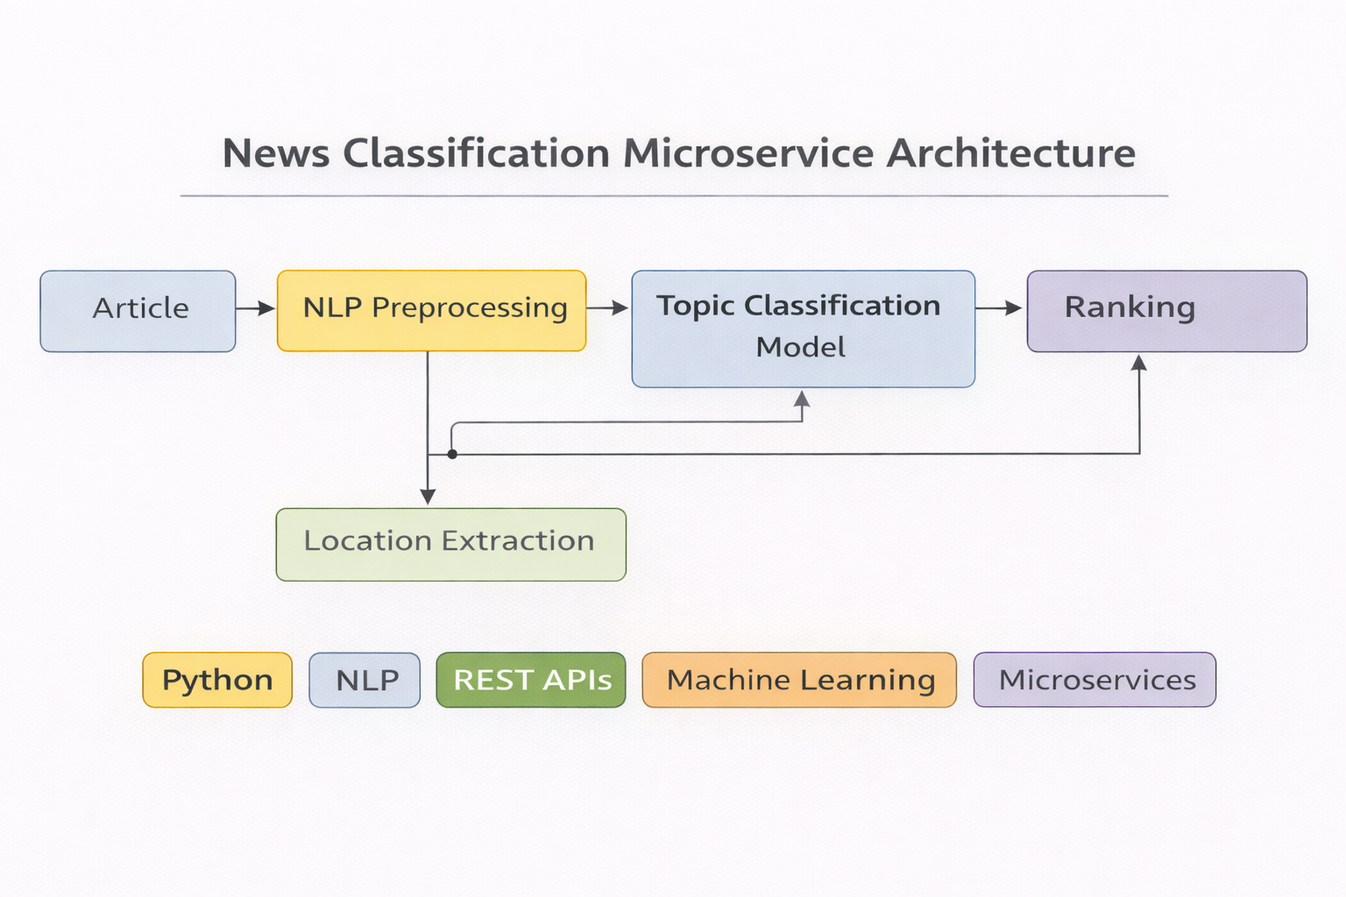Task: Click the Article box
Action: pos(138,311)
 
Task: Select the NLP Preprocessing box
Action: pos(431,311)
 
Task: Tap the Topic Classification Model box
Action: pos(803,328)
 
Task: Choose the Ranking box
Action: pos(1166,311)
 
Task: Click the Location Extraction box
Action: pos(450,544)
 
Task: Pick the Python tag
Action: pos(217,680)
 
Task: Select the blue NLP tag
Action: pos(365,680)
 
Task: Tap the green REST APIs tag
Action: pos(531,680)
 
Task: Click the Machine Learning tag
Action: pos(799,680)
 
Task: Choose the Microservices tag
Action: pos(1095,680)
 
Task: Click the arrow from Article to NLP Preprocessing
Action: pos(256,308)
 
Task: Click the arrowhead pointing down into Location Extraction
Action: pos(428,497)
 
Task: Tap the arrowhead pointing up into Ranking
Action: pos(1139,364)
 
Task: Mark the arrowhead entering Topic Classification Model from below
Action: pos(802,399)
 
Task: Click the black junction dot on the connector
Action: pos(452,454)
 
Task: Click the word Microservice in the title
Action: pos(747,153)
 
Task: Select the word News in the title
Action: pos(276,153)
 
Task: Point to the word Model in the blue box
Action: pos(800,348)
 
